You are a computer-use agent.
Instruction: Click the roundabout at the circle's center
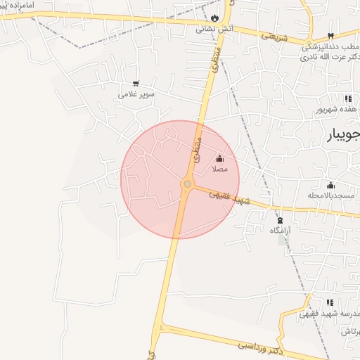click(187, 184)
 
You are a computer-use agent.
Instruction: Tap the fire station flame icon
click(215, 18)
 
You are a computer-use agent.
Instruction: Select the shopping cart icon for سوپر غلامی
click(136, 83)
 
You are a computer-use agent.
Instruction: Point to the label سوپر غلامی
click(136, 94)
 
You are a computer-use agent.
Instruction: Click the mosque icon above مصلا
click(219, 158)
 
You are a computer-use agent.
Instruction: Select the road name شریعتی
click(275, 36)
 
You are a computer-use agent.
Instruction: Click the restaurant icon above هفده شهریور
click(347, 98)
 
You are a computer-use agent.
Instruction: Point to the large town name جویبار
click(344, 135)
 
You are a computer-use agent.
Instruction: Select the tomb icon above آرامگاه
click(278, 219)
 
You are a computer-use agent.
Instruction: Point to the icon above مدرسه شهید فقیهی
click(307, 301)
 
